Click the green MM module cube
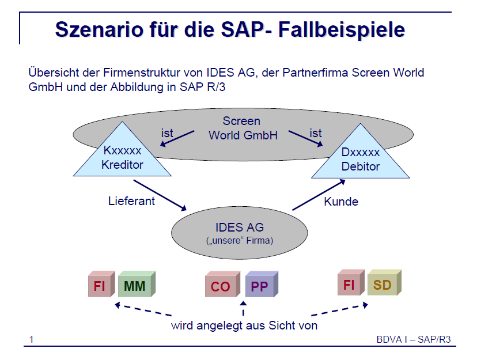[x=137, y=284]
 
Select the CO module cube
[x=223, y=285]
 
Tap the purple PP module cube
[x=262, y=284]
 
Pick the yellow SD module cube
[x=384, y=282]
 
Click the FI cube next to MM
[x=101, y=284]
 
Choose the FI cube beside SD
[x=351, y=282]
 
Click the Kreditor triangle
[x=122, y=149]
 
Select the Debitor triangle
[x=361, y=151]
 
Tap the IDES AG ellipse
[x=240, y=233]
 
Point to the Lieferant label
[x=131, y=201]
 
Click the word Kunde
[x=341, y=202]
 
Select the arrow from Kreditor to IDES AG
[x=160, y=195]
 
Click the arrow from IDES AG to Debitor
[x=319, y=195]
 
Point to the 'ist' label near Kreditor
[x=167, y=133]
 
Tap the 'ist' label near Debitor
[x=316, y=133]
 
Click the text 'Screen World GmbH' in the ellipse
[x=243, y=128]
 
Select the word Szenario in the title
[x=99, y=29]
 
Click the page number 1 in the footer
[x=31, y=339]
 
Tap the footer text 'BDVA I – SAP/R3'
[x=414, y=339]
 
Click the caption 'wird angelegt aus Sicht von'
[x=244, y=325]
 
